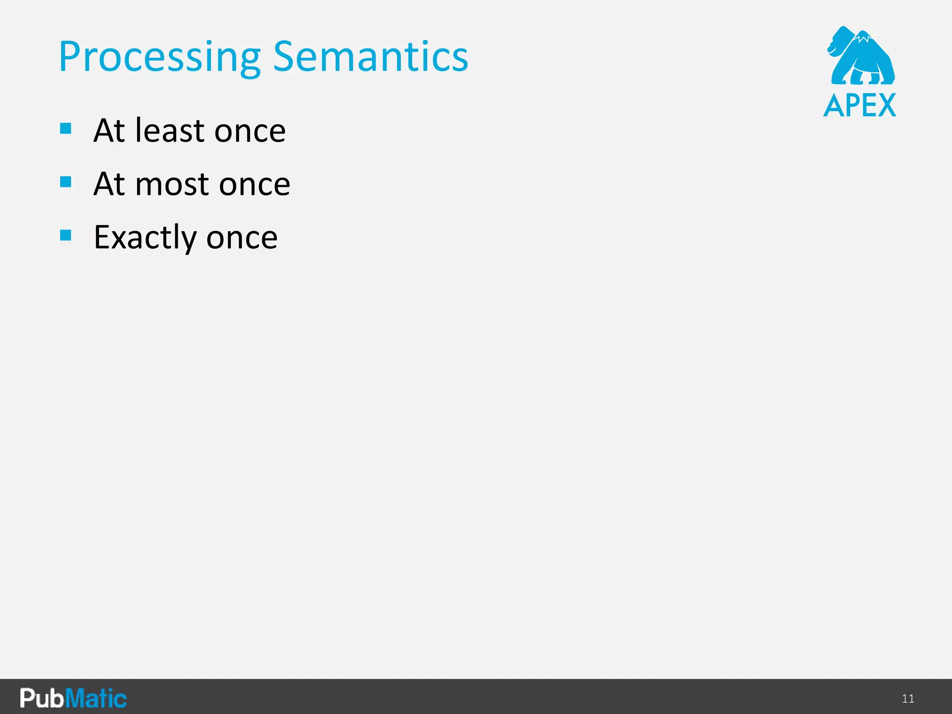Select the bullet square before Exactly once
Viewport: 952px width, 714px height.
pyautogui.click(x=66, y=235)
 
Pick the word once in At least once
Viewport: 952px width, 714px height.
pyautogui.click(x=250, y=131)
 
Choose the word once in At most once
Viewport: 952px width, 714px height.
pyautogui.click(x=254, y=185)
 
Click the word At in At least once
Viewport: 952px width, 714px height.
pyautogui.click(x=109, y=131)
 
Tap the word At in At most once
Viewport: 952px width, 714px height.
pyautogui.click(x=109, y=185)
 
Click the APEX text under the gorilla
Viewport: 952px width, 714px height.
pyautogui.click(x=859, y=106)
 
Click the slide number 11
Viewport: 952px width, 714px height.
pyautogui.click(x=908, y=699)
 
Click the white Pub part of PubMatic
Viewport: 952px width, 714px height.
pyautogui.click(x=41, y=698)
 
